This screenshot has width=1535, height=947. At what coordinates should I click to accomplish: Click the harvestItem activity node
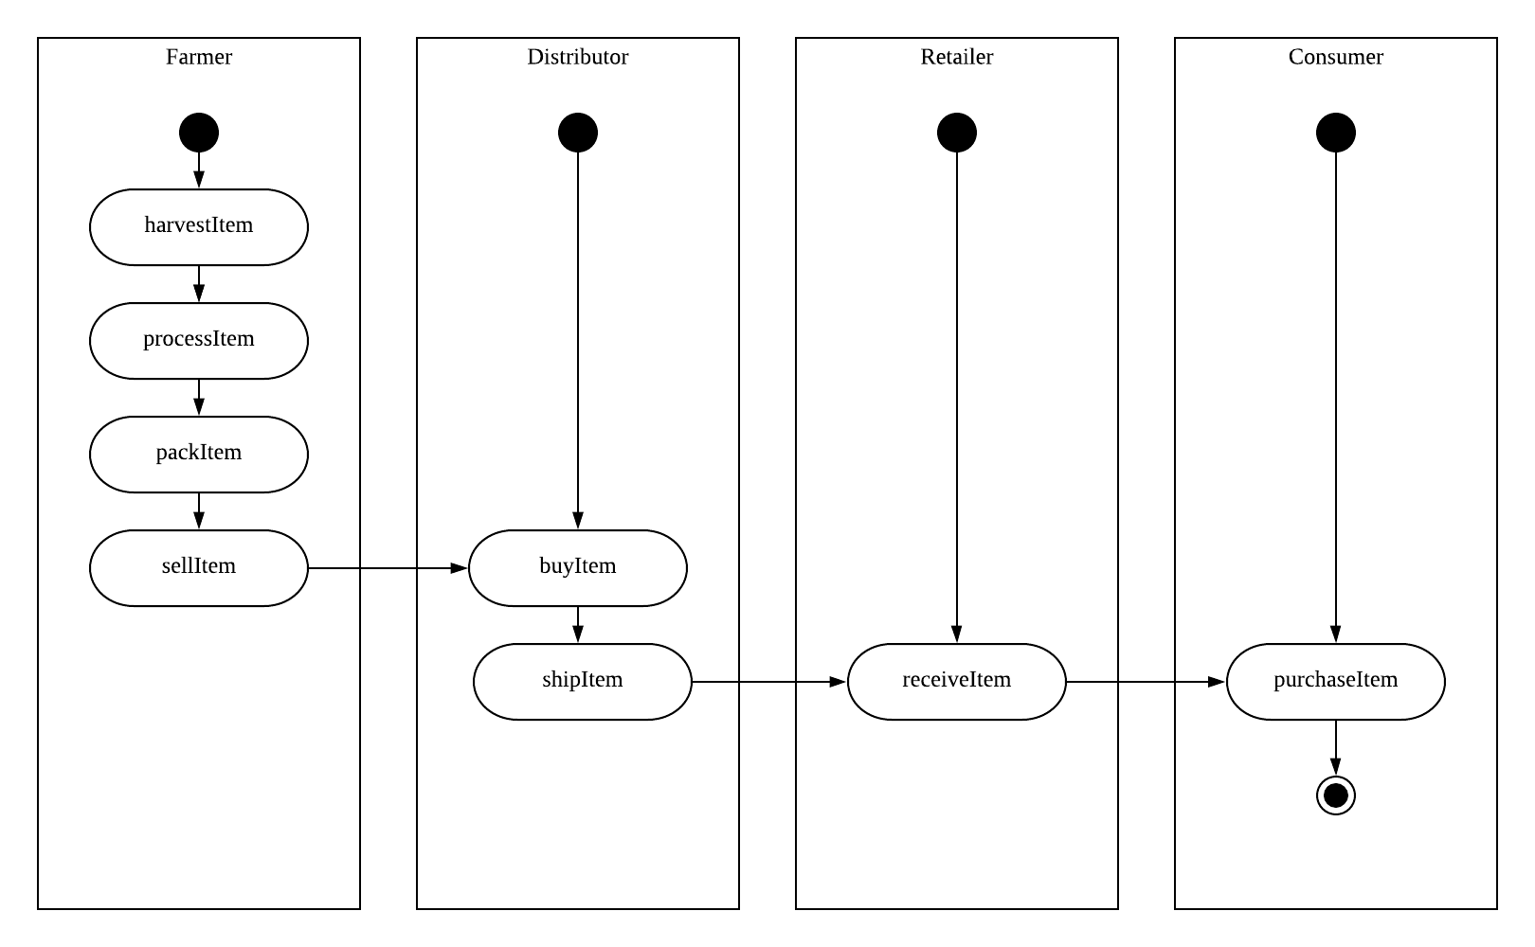199,227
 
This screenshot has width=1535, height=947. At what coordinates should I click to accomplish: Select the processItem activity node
199,341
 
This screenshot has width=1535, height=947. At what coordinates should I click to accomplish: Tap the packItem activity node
199,455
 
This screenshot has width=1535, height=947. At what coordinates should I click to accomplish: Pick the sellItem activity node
199,568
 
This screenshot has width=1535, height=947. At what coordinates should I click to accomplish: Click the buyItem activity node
578,568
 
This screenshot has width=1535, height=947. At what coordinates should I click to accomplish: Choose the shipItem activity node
583,682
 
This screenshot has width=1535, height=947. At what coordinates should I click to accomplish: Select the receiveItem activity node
957,682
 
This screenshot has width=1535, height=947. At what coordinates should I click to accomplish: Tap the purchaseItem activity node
1336,682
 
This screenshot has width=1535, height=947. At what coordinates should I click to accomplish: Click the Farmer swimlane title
199,57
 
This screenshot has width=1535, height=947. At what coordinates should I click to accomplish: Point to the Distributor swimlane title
578,57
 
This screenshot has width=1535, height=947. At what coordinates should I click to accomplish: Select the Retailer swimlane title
957,57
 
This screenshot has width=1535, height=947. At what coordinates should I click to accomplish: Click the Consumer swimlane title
1336,57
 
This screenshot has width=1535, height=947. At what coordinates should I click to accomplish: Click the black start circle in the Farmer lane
199,133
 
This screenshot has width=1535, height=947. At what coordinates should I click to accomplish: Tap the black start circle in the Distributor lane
578,133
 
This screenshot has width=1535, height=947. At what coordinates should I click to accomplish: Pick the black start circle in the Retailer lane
957,133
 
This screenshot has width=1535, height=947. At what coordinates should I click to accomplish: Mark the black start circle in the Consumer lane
1336,133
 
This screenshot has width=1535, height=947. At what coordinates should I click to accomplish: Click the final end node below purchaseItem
1336,795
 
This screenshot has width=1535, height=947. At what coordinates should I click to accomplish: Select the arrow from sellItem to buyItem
388,568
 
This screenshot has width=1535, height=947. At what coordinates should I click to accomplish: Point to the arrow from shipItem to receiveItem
767,682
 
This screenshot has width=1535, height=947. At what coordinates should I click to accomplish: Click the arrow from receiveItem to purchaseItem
1147,682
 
